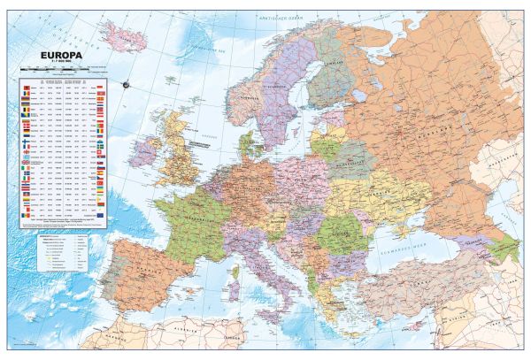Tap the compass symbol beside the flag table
126,84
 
